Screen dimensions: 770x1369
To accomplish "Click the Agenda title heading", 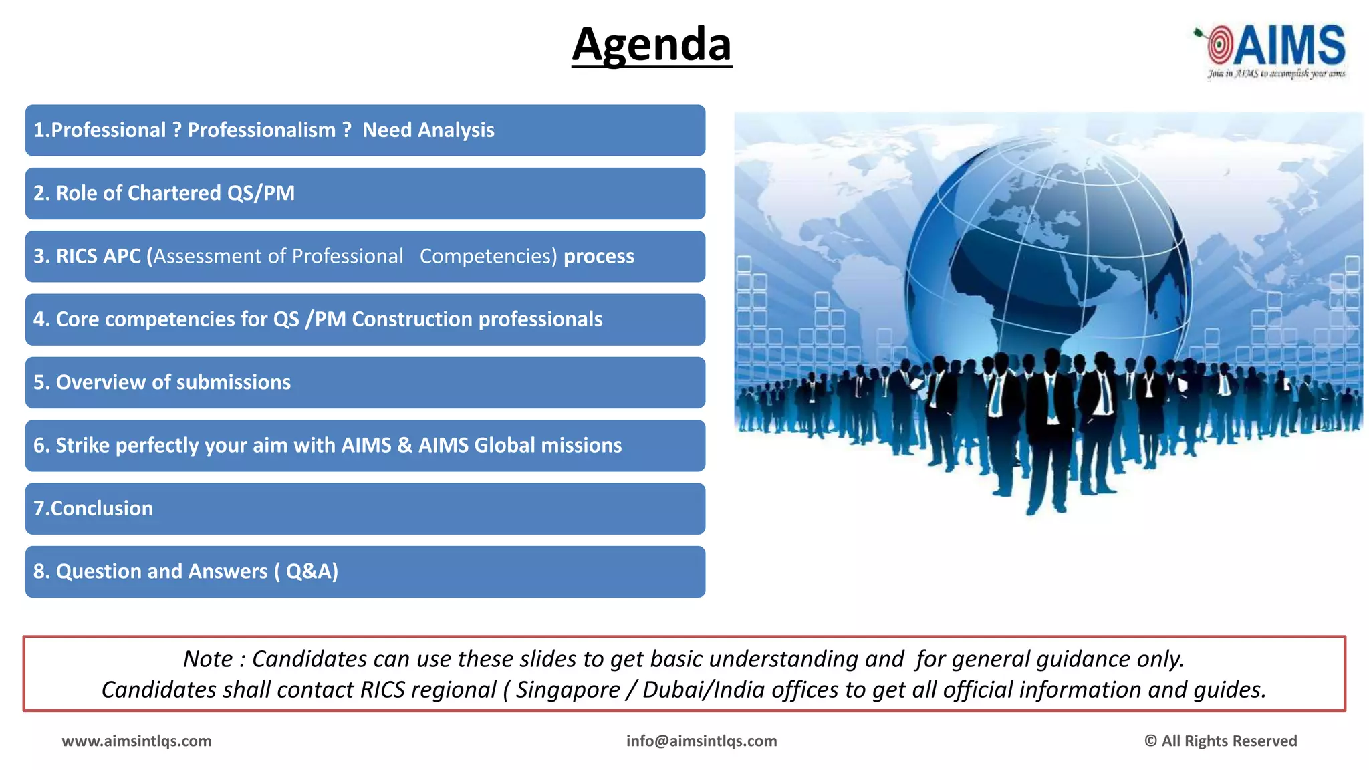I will click(652, 45).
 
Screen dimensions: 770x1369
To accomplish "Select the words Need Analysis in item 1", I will click(428, 130).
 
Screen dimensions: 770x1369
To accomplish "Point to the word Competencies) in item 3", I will click(488, 256).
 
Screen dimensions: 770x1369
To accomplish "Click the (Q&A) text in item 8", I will click(307, 571).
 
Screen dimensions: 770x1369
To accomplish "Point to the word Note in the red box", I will click(208, 659).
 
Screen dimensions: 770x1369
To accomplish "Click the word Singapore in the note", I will click(568, 690).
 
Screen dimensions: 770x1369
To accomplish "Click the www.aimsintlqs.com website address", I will click(136, 741).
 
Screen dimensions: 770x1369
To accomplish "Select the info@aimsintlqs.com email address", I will click(701, 741).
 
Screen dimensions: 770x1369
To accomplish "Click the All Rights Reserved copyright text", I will click(1221, 741).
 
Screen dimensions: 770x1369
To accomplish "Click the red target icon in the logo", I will click(1219, 45).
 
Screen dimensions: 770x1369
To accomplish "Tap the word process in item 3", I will click(598, 256).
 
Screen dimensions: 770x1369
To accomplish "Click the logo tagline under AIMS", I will click(1275, 74).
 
